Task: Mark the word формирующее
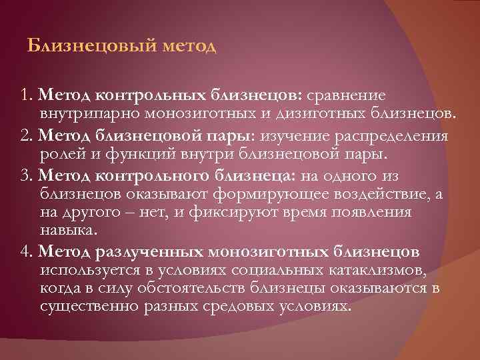point(257,193)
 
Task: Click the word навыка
point(67,230)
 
